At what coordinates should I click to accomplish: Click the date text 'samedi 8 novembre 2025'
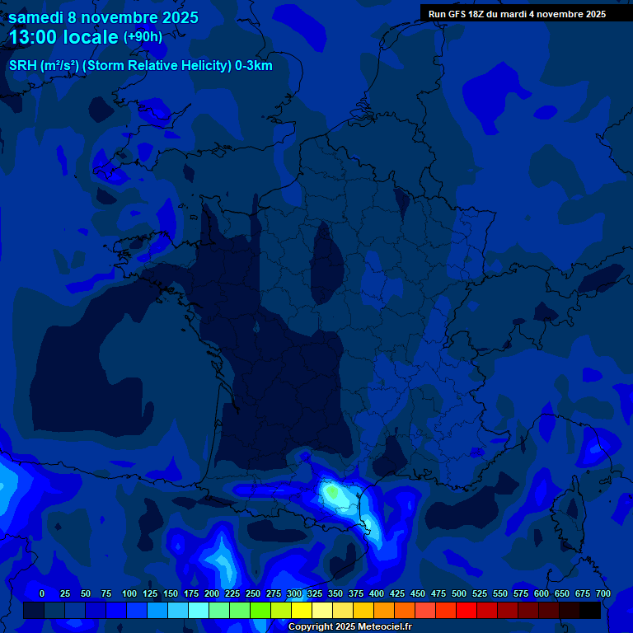[x=103, y=17]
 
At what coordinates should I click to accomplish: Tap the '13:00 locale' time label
[x=63, y=37]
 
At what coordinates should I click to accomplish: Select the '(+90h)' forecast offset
[x=143, y=37]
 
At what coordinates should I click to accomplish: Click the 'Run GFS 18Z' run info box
[x=517, y=14]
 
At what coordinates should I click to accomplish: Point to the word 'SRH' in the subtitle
[x=23, y=66]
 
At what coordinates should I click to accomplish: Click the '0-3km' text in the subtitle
[x=253, y=66]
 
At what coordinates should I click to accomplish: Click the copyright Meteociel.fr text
[x=349, y=626]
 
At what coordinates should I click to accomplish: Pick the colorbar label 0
[x=41, y=593]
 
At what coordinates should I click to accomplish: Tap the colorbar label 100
[x=129, y=593]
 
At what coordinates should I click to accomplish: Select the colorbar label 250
[x=253, y=593]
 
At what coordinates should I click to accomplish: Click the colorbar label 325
[x=315, y=593]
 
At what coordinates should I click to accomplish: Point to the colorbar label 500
[x=459, y=593]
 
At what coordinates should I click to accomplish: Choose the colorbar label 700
[x=603, y=593]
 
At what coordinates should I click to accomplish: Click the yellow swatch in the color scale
[x=302, y=611]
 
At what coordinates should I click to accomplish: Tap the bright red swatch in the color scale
[x=467, y=611]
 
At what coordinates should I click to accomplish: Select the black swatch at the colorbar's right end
[x=590, y=611]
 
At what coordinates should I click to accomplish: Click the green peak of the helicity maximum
[x=332, y=492]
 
